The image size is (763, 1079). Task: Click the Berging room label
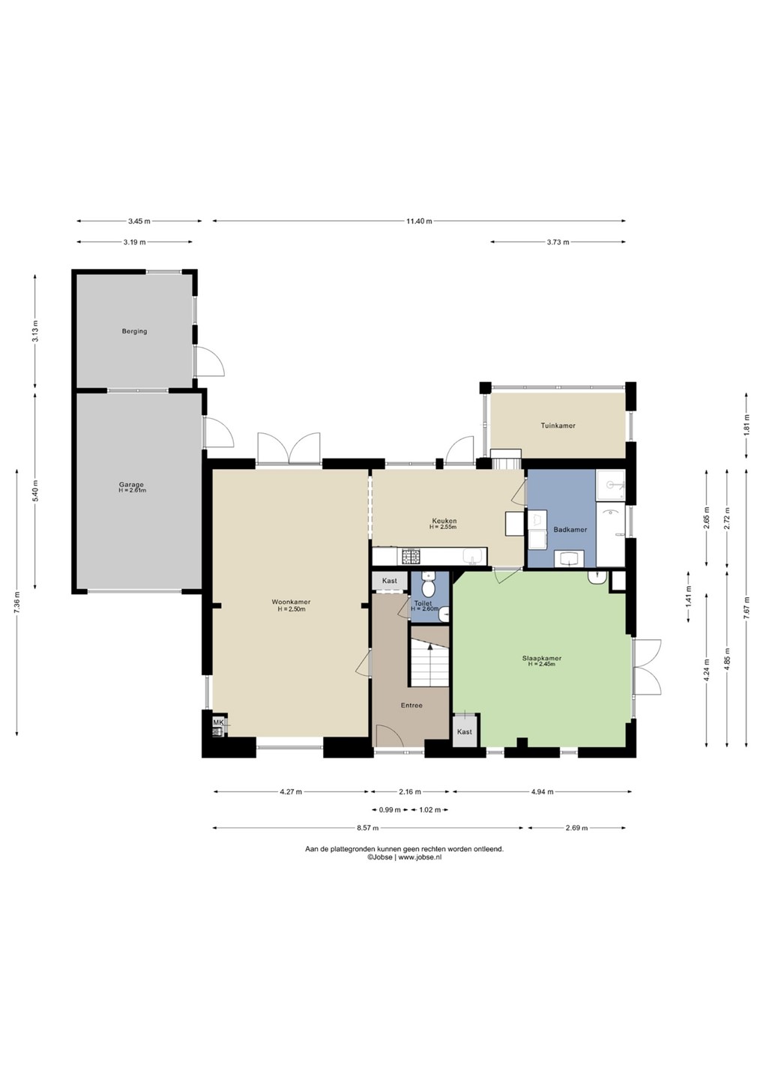click(x=134, y=331)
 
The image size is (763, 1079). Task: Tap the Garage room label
click(x=131, y=485)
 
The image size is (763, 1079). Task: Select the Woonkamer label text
click(x=291, y=602)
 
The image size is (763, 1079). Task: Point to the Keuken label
click(x=444, y=521)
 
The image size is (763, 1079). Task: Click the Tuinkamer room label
click(x=558, y=426)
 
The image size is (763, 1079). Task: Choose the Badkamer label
click(x=570, y=529)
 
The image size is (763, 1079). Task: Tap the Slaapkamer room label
click(x=542, y=658)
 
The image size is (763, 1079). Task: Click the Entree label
click(x=411, y=705)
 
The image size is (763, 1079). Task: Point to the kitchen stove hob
click(x=411, y=556)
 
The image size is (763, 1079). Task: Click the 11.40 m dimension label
click(x=419, y=221)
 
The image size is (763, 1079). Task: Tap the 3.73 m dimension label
click(x=558, y=242)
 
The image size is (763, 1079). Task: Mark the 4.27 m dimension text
click(x=291, y=791)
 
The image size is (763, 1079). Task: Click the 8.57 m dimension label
click(x=367, y=828)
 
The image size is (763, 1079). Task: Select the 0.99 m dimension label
click(x=389, y=810)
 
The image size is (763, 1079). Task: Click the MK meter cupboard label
click(x=218, y=722)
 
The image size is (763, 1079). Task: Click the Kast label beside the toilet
click(x=390, y=581)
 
